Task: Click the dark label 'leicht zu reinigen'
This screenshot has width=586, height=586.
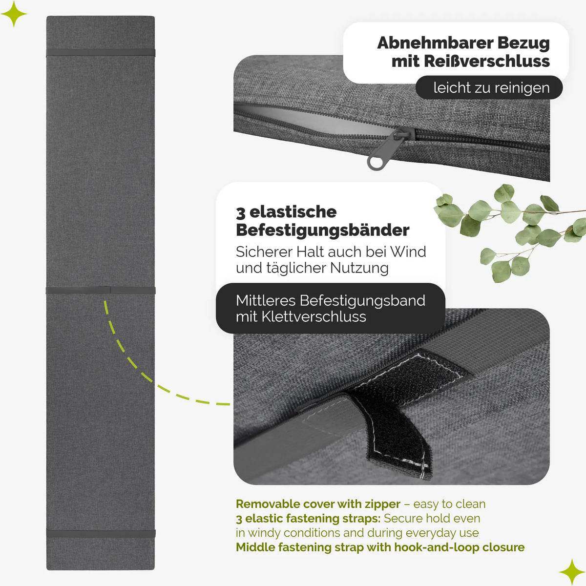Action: pyautogui.click(x=489, y=87)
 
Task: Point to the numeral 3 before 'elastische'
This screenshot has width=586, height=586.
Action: pyautogui.click(x=241, y=213)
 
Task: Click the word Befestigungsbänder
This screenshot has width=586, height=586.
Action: pyautogui.click(x=323, y=230)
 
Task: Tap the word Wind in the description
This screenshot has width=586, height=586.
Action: pyautogui.click(x=408, y=251)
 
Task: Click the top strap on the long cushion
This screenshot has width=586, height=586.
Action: pyautogui.click(x=101, y=52)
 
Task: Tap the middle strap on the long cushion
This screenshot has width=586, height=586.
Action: pyautogui.click(x=101, y=290)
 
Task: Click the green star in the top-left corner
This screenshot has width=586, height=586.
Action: pyautogui.click(x=14, y=14)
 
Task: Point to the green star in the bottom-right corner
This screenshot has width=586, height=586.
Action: pyautogui.click(x=572, y=572)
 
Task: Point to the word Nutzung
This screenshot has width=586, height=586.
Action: pyautogui.click(x=359, y=268)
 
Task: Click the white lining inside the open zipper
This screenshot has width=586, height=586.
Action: pyautogui.click(x=313, y=120)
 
